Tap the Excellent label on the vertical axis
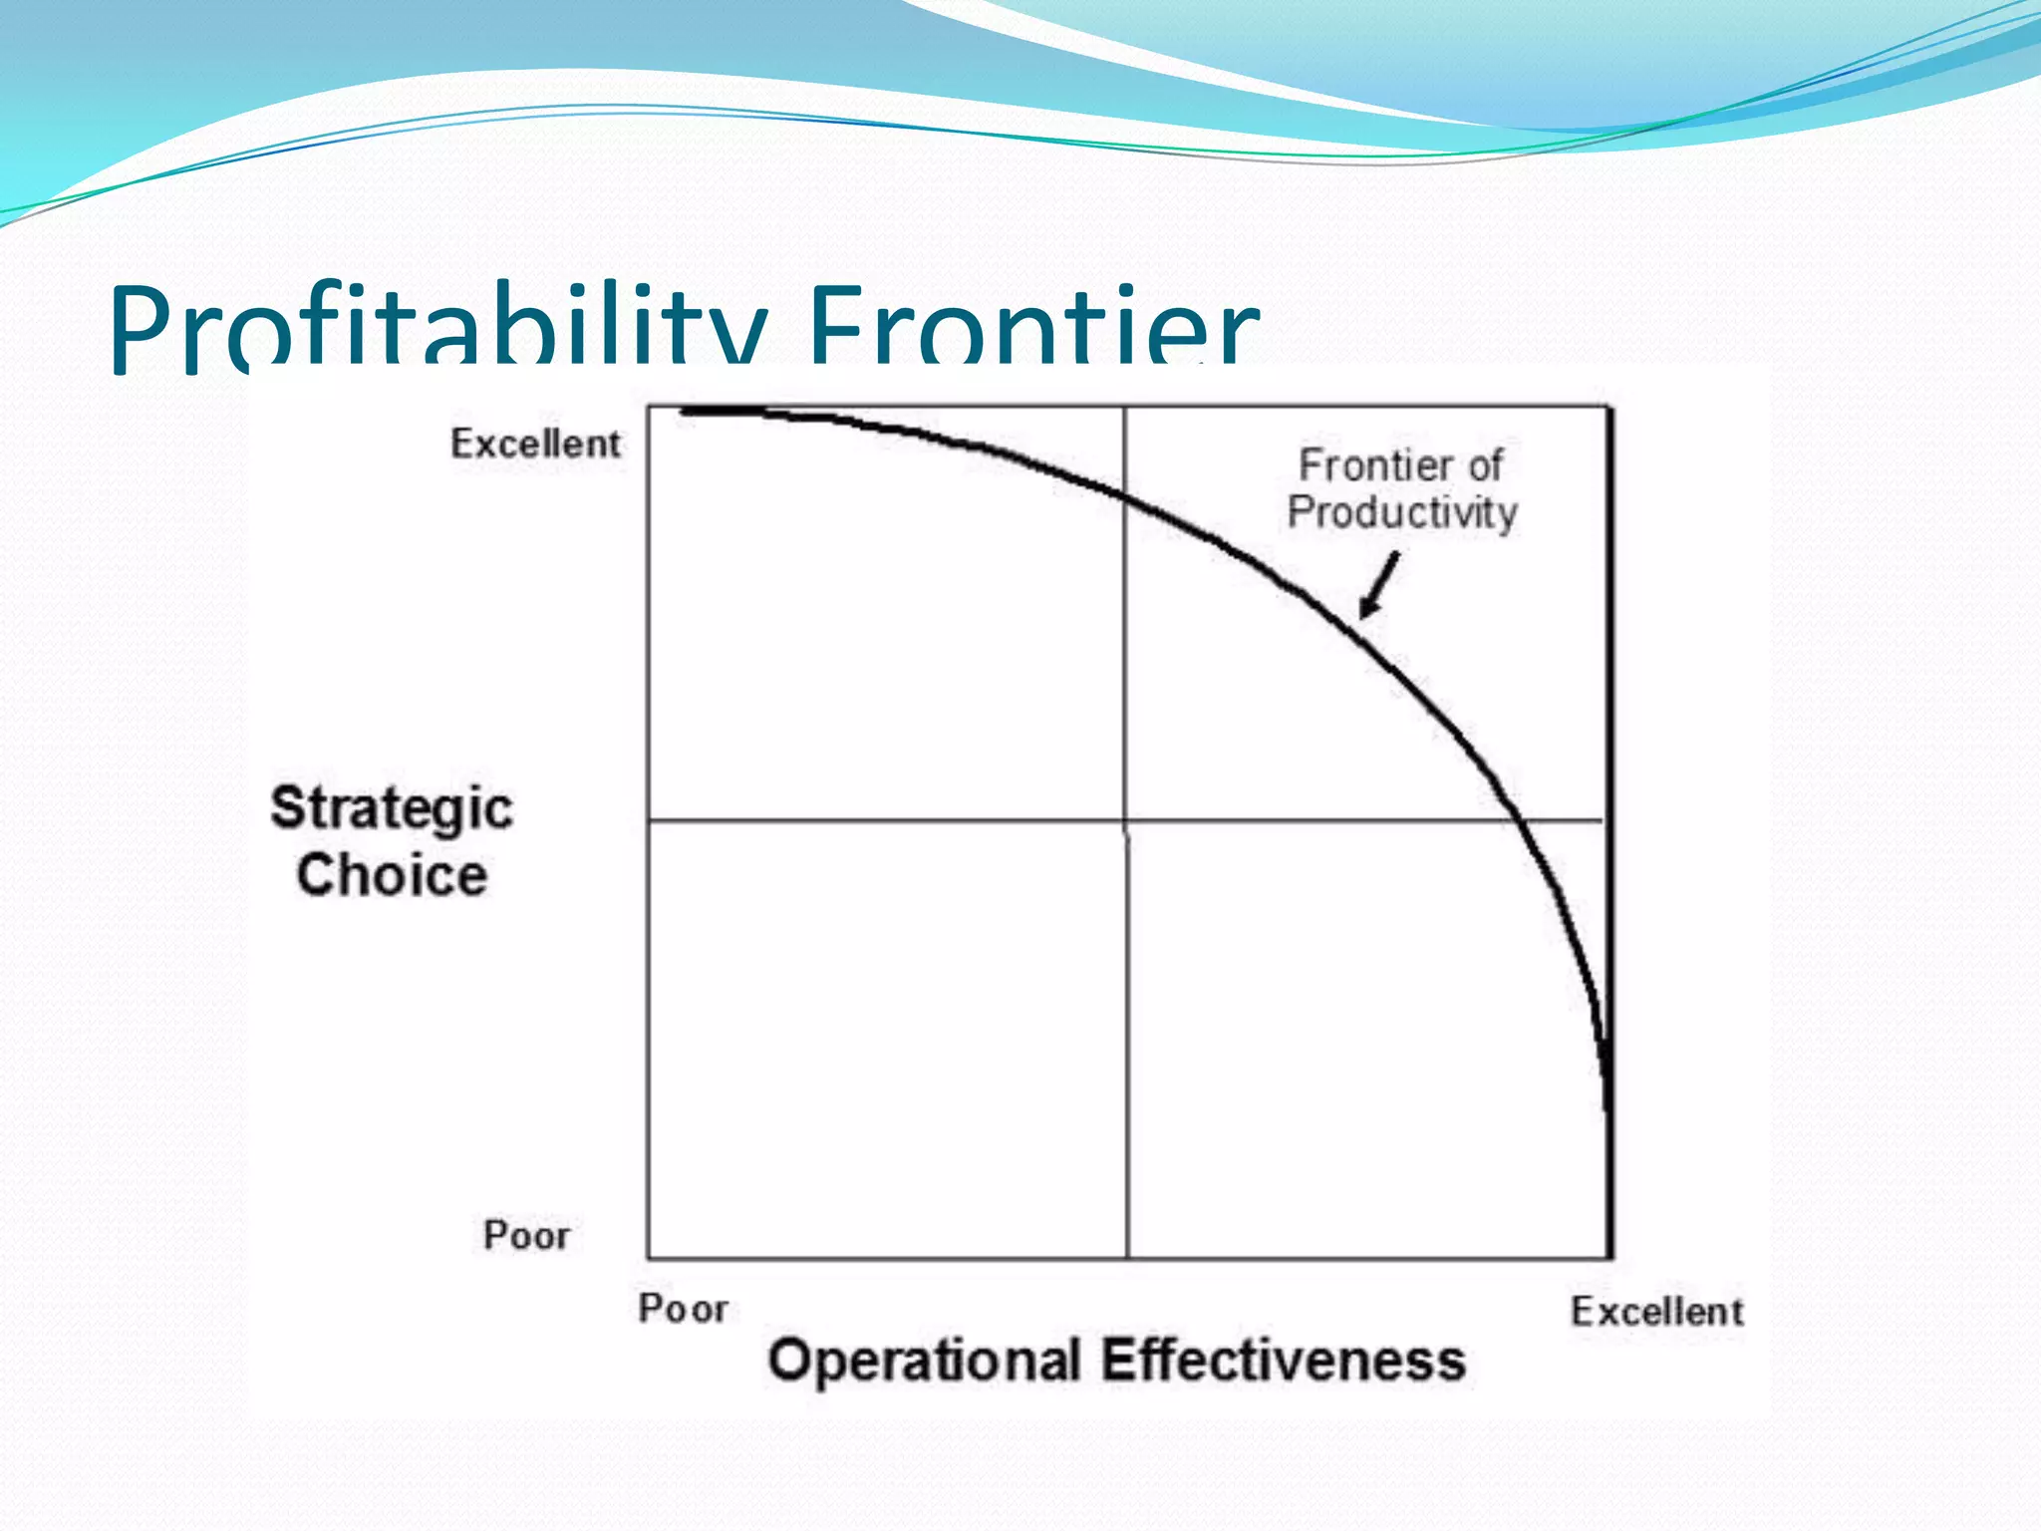(535, 444)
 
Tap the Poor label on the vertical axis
(526, 1236)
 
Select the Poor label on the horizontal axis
(684, 1309)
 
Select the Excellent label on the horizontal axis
(1657, 1312)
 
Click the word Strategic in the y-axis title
(392, 808)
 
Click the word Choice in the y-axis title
(392, 876)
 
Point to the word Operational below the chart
(924, 1361)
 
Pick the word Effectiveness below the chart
(1284, 1361)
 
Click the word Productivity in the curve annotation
(1402, 512)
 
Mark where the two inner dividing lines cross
(1126, 821)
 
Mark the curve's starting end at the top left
(686, 411)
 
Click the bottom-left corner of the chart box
(649, 1258)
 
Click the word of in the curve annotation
(1485, 465)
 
